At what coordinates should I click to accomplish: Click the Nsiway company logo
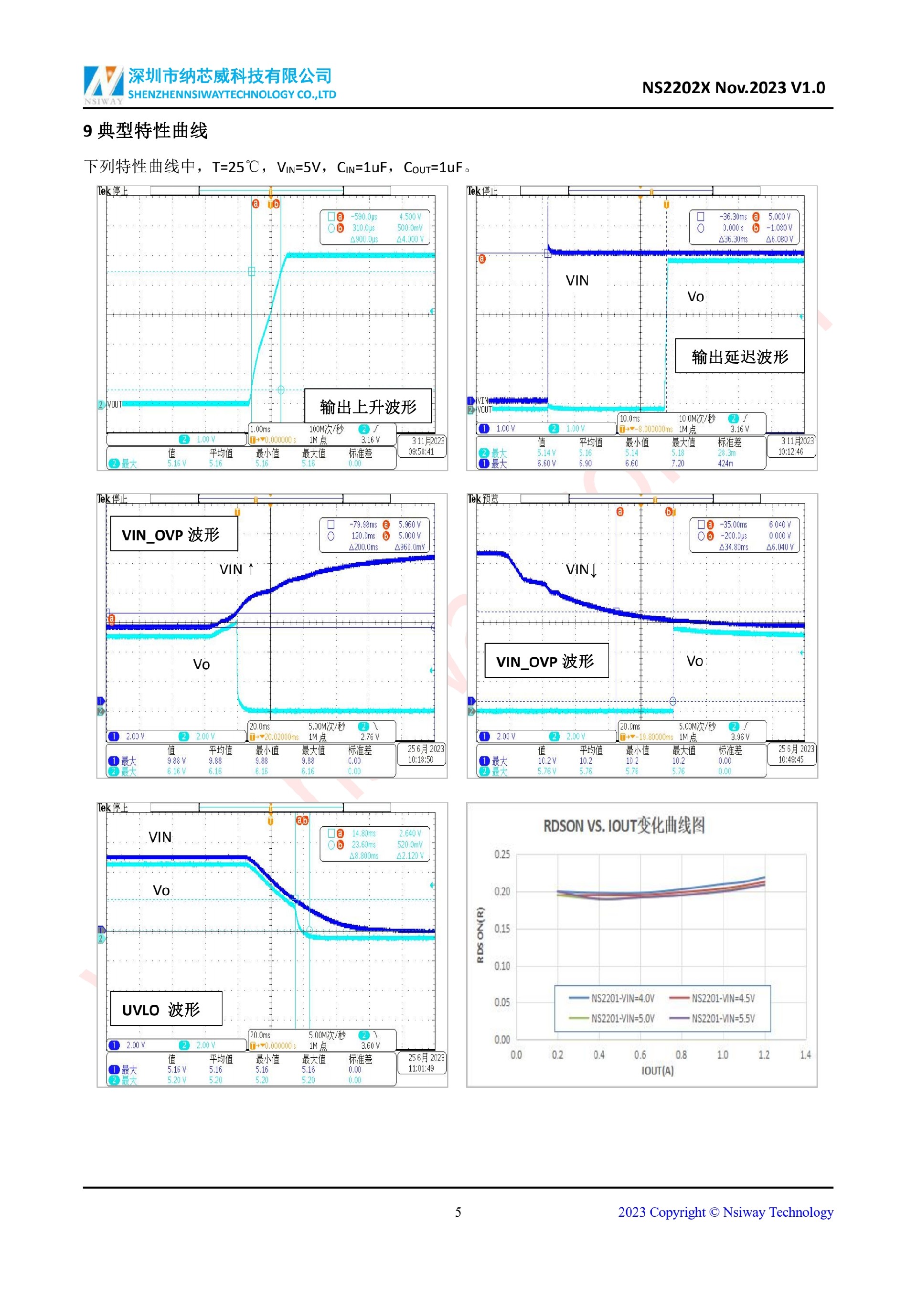pyautogui.click(x=103, y=84)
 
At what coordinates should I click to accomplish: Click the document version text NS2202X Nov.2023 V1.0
pyautogui.click(x=733, y=87)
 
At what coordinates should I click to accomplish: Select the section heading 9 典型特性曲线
pyautogui.click(x=146, y=131)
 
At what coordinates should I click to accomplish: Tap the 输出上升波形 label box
pyautogui.click(x=368, y=406)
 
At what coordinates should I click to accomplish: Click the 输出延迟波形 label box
pyautogui.click(x=739, y=356)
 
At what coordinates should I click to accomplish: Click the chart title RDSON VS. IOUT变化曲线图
pyautogui.click(x=624, y=825)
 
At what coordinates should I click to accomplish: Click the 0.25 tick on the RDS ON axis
pyautogui.click(x=502, y=854)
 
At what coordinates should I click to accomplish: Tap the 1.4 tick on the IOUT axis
pyautogui.click(x=805, y=1054)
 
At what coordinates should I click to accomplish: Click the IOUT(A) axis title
pyautogui.click(x=657, y=1070)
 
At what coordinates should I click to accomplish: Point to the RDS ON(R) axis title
pyautogui.click(x=480, y=935)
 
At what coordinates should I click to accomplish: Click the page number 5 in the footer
pyautogui.click(x=458, y=1212)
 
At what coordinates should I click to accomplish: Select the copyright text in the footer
pyautogui.click(x=725, y=1212)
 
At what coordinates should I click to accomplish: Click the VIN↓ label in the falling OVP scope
pyautogui.click(x=581, y=569)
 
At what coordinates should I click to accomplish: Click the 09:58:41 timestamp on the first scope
pyautogui.click(x=421, y=452)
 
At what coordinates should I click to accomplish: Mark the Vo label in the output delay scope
pyautogui.click(x=695, y=297)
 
